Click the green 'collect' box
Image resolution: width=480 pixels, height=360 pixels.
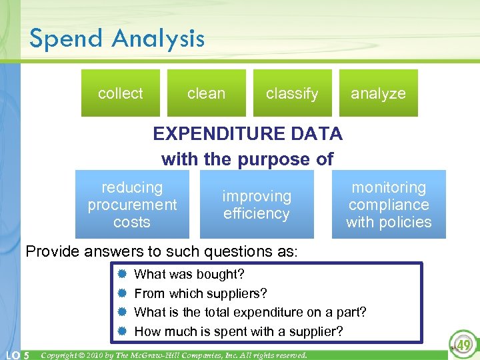click(x=121, y=93)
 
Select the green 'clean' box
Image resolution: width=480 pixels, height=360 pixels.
click(x=206, y=93)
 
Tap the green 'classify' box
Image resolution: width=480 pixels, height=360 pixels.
click(x=292, y=93)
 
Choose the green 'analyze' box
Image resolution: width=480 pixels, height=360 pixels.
click(x=378, y=93)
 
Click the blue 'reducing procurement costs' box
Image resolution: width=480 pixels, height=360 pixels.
click(x=132, y=205)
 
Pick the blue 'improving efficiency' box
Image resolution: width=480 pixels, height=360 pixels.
click(x=257, y=205)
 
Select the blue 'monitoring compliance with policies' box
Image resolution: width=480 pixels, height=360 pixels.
click(x=389, y=205)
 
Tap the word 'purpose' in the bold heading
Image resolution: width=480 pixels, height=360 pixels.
click(x=260, y=160)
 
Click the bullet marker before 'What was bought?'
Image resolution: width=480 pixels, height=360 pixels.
click(x=122, y=275)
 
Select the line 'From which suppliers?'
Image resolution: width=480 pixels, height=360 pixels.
click(x=201, y=293)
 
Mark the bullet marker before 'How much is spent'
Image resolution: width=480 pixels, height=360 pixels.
click(x=122, y=331)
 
